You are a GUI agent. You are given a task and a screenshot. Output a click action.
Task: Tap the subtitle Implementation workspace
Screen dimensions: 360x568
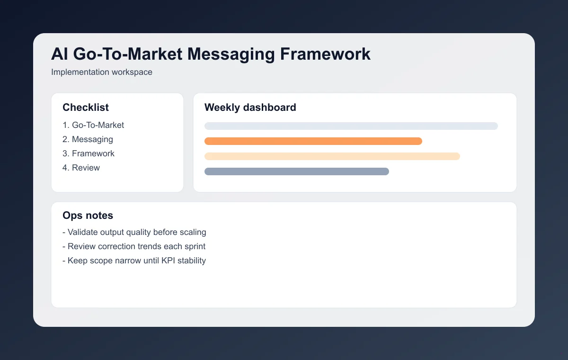pyautogui.click(x=102, y=72)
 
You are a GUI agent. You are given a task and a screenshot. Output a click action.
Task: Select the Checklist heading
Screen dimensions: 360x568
pyautogui.click(x=86, y=108)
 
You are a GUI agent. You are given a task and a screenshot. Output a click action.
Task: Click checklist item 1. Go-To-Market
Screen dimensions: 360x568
pyautogui.click(x=93, y=125)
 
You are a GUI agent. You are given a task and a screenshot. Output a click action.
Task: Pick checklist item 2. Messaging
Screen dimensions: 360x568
pyautogui.click(x=88, y=139)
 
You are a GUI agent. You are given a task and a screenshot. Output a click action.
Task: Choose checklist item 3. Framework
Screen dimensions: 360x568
pyautogui.click(x=89, y=153)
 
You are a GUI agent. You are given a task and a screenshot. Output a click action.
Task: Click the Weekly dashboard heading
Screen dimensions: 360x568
pyautogui.click(x=250, y=108)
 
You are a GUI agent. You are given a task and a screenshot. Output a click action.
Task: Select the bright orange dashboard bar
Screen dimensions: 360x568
pyautogui.click(x=313, y=141)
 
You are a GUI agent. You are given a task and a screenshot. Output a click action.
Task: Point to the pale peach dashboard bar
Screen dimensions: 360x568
pyautogui.click(x=332, y=156)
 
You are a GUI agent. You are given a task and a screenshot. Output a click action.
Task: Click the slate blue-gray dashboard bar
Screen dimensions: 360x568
pyautogui.click(x=296, y=171)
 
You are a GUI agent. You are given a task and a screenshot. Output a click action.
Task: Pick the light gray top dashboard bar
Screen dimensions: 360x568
pyautogui.click(x=351, y=126)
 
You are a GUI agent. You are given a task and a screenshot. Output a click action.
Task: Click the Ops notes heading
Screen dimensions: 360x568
pyautogui.click(x=88, y=216)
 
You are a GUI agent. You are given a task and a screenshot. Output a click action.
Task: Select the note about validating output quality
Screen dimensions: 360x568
pyautogui.click(x=134, y=232)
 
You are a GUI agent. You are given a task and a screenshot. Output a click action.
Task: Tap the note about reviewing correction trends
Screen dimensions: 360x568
pyautogui.click(x=134, y=246)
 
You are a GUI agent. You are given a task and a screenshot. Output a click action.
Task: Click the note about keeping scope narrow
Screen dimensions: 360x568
pyautogui.click(x=134, y=261)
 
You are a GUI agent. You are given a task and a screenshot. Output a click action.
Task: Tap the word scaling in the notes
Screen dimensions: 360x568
pyautogui.click(x=193, y=233)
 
